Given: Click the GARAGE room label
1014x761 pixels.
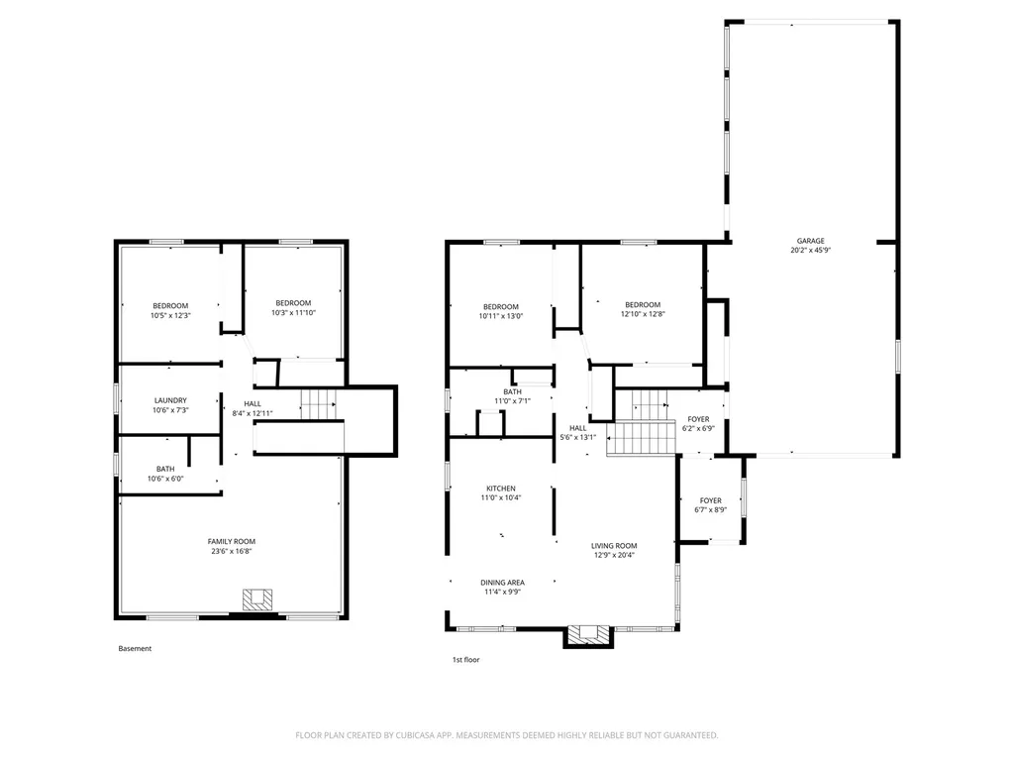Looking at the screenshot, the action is pos(810,241).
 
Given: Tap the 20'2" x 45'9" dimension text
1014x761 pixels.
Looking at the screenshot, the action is pos(810,250).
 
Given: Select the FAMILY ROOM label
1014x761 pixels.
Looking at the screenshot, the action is pos(232,542).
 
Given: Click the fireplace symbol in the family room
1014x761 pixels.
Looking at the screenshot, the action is pos(257,599).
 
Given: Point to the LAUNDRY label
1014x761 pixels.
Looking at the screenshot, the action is pos(170,400).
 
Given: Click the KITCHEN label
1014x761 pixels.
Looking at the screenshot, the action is pos(501,489).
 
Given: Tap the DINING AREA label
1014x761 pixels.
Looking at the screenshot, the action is pos(502,583).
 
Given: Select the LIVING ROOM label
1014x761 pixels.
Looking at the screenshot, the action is pos(614,546).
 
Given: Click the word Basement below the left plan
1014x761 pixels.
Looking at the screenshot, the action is pos(135,648).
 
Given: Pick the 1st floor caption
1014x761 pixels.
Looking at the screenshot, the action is pos(465,660).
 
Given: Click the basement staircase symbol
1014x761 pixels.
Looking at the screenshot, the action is pos(319,404).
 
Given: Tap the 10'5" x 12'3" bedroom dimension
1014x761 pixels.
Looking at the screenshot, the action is pos(170,316).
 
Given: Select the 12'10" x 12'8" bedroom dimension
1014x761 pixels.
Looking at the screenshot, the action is pos(643,314).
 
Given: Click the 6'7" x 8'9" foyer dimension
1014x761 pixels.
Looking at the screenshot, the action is pos(711,510).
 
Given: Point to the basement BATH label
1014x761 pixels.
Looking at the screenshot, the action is pos(165,469).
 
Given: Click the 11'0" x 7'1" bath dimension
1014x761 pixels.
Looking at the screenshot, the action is pos(513,401).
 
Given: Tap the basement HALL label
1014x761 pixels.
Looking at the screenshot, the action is pos(253,404).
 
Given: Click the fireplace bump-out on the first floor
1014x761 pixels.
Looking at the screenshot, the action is pos(588,636).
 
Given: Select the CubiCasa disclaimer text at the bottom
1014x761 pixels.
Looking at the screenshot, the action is pos(506,735).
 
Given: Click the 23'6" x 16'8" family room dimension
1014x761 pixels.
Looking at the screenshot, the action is pos(232,551).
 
